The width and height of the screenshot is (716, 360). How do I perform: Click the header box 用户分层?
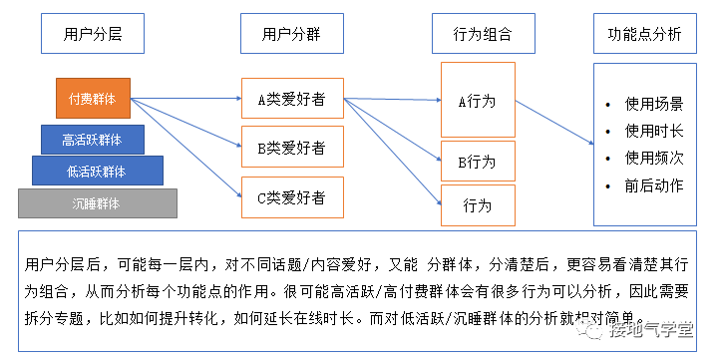tap(87, 34)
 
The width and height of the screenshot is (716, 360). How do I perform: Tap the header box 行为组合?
tap(476, 34)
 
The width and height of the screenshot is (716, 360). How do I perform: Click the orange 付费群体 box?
tap(93, 99)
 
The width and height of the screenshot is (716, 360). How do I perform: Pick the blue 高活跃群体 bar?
tap(93, 140)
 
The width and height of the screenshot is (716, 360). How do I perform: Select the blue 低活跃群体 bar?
tap(96, 171)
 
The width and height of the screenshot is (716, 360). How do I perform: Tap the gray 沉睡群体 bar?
tap(97, 203)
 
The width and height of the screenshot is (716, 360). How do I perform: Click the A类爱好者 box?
tap(292, 99)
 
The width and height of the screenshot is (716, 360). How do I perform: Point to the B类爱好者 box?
tap(292, 148)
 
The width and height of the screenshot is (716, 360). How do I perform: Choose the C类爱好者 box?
tap(292, 197)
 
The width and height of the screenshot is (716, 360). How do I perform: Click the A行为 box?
tap(477, 101)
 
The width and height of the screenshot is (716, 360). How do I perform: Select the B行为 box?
tap(477, 161)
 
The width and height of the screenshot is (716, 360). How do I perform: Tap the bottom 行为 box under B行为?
tap(477, 205)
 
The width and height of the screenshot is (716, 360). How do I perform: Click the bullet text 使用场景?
tap(654, 104)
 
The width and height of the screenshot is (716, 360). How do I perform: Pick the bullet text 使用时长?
tap(654, 131)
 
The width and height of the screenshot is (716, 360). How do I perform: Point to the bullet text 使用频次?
tap(654, 158)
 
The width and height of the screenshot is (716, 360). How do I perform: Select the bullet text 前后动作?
tap(654, 185)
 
